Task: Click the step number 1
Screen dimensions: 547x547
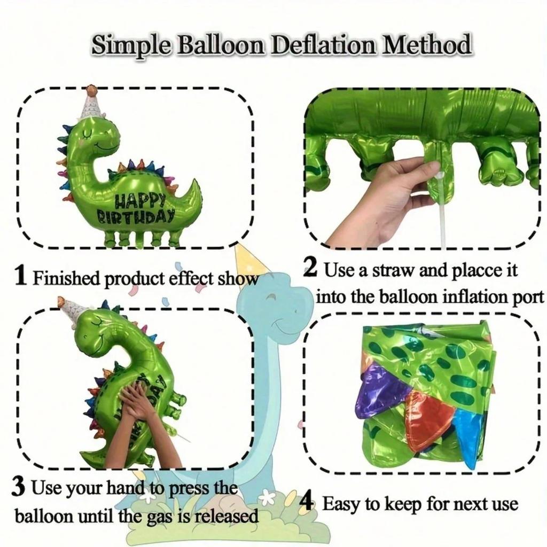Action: pyautogui.click(x=20, y=276)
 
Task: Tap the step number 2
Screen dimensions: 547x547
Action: pyautogui.click(x=311, y=268)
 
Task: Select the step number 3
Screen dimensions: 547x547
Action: pyautogui.click(x=18, y=487)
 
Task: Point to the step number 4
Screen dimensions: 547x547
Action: pyautogui.click(x=306, y=503)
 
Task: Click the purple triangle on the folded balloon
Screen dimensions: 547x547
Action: pyautogui.click(x=380, y=393)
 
